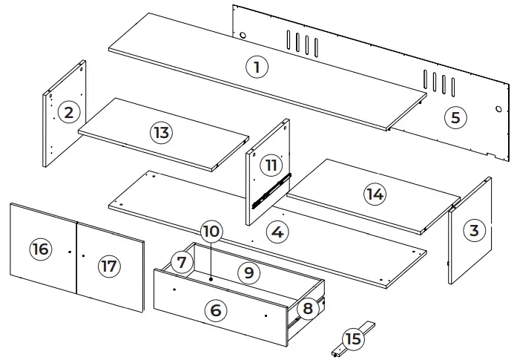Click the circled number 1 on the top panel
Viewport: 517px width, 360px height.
click(256, 67)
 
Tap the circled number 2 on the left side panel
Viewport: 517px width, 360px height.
click(69, 113)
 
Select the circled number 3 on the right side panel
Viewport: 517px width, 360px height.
click(474, 231)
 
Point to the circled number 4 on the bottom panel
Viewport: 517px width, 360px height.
click(277, 232)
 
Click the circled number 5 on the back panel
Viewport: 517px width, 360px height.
click(455, 117)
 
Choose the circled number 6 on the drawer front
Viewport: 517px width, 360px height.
click(215, 310)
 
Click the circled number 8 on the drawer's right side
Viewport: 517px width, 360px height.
click(306, 307)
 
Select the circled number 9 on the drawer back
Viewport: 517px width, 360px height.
click(249, 272)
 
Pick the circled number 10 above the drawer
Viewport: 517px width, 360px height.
click(211, 232)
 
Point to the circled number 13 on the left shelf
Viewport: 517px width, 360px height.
click(161, 133)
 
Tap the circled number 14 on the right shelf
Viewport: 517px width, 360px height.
click(375, 194)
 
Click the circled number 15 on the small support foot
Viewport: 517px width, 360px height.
click(354, 338)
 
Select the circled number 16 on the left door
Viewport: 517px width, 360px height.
click(40, 249)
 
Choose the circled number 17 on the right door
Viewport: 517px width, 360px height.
click(109, 266)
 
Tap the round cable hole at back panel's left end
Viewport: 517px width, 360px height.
click(243, 35)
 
